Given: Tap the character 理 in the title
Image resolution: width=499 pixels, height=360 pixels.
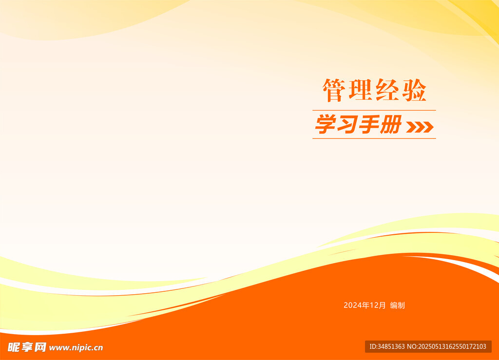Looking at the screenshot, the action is (361, 90).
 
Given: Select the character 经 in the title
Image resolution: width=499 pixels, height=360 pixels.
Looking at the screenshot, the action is (387, 90).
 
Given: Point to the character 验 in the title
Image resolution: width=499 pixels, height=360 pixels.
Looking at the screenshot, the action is (414, 90).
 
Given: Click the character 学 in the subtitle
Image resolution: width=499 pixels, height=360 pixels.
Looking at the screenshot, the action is (326, 124).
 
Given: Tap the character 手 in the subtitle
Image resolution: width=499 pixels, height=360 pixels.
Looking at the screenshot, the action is (369, 124).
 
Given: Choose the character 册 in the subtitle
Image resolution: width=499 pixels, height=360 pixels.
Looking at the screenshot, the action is (390, 124).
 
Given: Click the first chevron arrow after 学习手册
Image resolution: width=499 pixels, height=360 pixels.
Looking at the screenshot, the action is (411, 127).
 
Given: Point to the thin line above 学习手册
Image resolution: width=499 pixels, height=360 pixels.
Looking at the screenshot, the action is (374, 111).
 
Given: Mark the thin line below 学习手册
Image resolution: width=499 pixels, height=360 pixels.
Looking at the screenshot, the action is (374, 138).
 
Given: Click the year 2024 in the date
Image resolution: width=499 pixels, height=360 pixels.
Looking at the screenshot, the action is (353, 305).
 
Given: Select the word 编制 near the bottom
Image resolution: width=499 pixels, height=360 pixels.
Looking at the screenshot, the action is (398, 305).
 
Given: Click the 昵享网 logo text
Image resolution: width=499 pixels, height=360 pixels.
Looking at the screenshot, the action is (27, 347).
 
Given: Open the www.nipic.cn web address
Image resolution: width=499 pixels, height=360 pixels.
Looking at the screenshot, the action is (76, 348).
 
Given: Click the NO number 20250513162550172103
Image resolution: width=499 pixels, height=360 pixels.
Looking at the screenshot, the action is (452, 347).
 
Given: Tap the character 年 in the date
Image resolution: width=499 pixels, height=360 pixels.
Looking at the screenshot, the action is (366, 305).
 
